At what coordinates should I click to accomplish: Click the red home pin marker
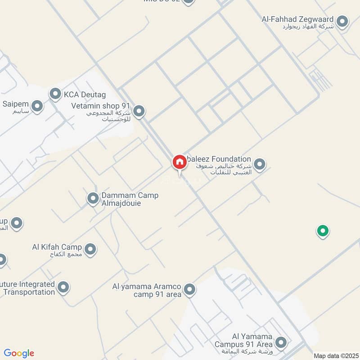coord(179,162)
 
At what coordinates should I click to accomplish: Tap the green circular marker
coord(322,231)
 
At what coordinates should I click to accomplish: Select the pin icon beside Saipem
coord(37,107)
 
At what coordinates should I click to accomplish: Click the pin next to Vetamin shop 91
coord(139,111)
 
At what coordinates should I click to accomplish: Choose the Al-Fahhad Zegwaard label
coord(297,19)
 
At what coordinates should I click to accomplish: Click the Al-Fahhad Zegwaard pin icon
coord(343,22)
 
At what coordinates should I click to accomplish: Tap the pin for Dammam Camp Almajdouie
coord(93,198)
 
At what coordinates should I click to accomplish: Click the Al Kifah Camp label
coord(57,247)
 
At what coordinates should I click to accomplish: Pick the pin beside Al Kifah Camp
coord(90,249)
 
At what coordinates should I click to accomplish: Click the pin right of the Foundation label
coord(259,165)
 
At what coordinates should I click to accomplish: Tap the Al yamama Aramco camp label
coord(147,290)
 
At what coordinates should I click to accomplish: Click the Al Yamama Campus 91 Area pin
coord(281,342)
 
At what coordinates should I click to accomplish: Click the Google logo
coord(19,353)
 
